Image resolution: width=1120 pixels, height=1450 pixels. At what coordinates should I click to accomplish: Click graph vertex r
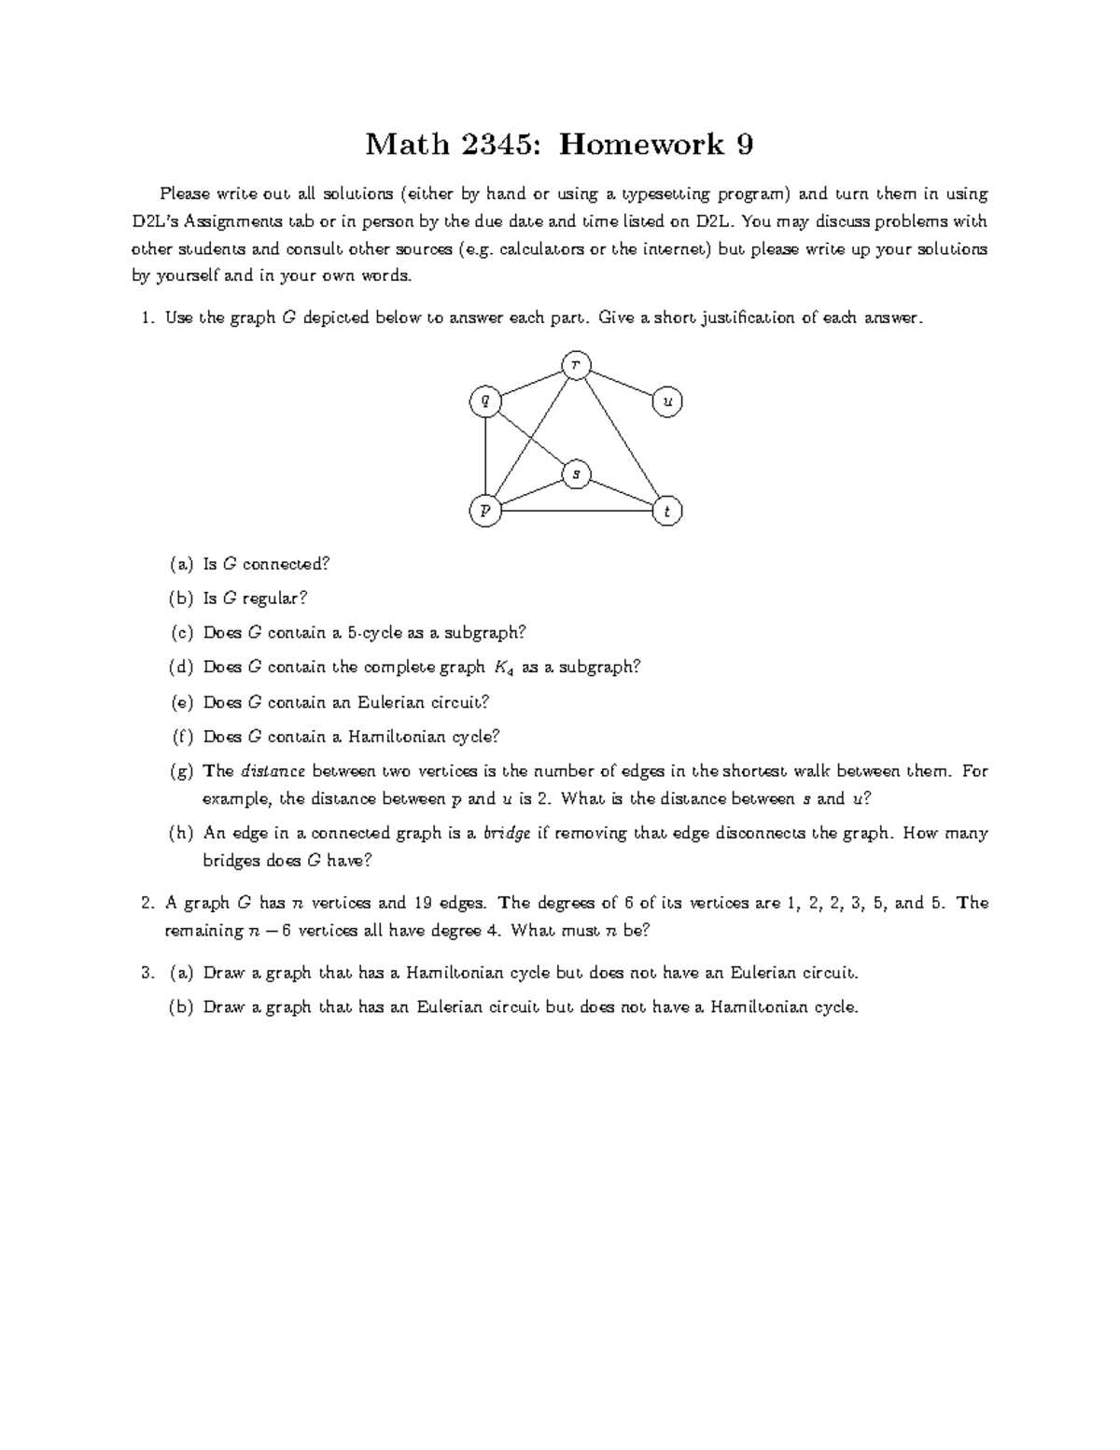(x=576, y=365)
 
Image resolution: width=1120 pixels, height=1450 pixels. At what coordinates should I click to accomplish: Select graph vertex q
(x=484, y=401)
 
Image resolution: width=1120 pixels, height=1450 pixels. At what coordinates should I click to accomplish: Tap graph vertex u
(x=667, y=401)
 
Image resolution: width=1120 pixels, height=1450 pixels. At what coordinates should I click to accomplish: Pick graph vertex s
(x=576, y=474)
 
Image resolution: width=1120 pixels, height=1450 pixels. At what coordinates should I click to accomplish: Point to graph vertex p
(x=484, y=511)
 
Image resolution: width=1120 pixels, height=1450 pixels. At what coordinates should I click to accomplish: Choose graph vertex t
(x=667, y=512)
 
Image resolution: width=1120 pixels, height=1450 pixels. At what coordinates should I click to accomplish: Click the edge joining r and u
(x=622, y=383)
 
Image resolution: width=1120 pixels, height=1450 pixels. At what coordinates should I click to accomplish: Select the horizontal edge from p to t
(x=576, y=511)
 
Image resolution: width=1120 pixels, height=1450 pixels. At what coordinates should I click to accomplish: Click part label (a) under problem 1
(x=181, y=564)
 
